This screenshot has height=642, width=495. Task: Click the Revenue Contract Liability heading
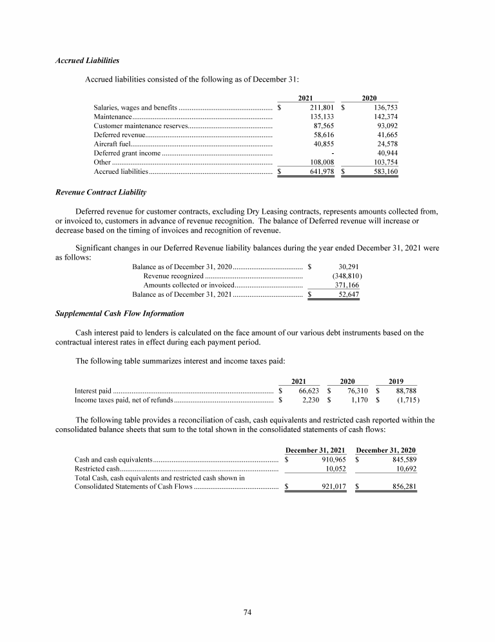[100, 193]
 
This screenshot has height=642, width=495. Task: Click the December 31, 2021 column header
[315, 449]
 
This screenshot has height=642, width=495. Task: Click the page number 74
[247, 612]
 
